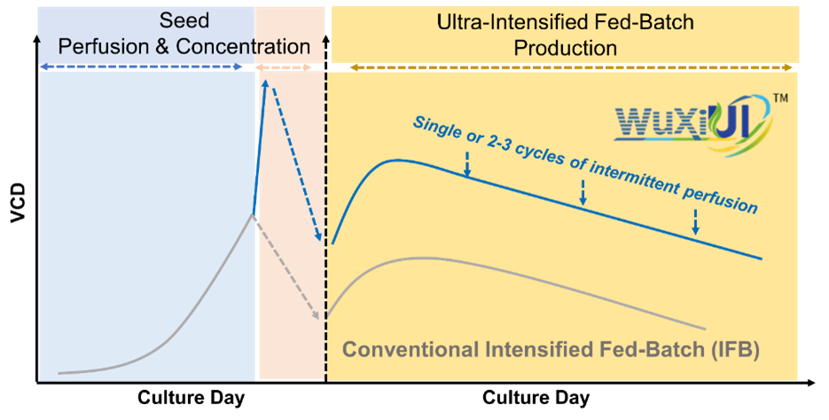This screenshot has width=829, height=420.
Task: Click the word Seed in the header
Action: (x=184, y=20)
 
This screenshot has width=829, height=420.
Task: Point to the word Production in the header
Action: (x=566, y=47)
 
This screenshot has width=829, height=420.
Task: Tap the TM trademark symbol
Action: (x=781, y=99)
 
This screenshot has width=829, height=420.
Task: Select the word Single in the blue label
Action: (x=436, y=125)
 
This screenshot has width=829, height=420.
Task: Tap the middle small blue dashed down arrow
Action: (x=583, y=192)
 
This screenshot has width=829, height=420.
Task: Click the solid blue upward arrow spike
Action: (x=260, y=147)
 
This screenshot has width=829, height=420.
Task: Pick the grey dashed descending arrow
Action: (x=288, y=267)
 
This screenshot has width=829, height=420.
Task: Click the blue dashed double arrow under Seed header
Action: (x=142, y=67)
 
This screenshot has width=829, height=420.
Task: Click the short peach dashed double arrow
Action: (x=283, y=67)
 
